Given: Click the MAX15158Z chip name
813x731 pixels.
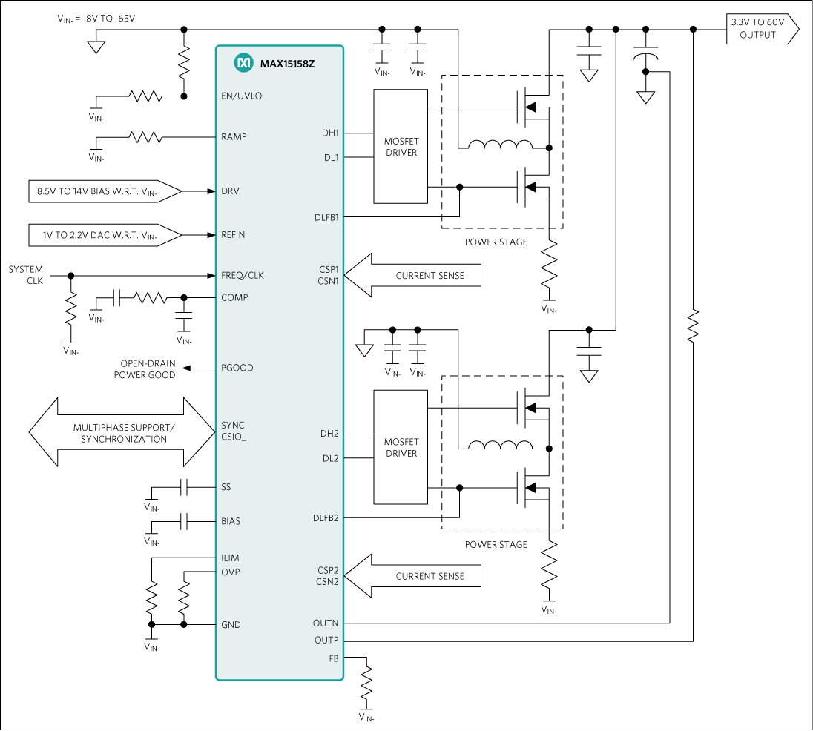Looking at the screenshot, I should [287, 64].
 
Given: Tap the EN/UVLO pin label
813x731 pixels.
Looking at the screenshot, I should [241, 96].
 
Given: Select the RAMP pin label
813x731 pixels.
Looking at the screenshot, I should [234, 137].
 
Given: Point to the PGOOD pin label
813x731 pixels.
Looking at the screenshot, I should [237, 368].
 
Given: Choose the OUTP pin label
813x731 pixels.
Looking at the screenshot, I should [326, 640].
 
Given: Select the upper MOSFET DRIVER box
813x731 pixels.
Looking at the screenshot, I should [401, 147].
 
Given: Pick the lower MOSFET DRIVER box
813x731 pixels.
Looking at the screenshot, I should [401, 447].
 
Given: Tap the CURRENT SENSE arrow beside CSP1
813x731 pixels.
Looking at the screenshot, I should [415, 276].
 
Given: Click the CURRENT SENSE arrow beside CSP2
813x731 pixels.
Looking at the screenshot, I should [415, 576].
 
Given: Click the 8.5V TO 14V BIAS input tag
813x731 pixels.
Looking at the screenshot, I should [104, 191].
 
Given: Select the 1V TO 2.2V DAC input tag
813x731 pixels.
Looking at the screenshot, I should [104, 235].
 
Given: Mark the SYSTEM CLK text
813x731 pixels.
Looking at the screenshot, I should [26, 275].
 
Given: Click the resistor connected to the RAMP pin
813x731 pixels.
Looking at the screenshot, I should [145, 137].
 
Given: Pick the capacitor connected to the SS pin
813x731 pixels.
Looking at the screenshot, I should [185, 487].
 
